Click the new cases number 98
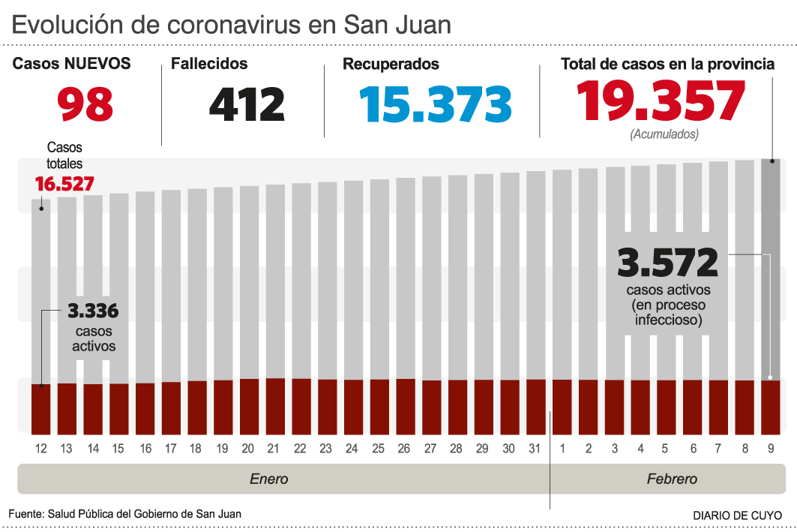tap(85, 104)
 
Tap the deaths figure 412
tap(247, 104)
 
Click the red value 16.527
tap(64, 183)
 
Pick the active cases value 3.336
tap(93, 311)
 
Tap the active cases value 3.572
tap(667, 263)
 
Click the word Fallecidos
tap(209, 65)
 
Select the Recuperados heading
tap(391, 65)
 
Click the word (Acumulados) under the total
tap(664, 134)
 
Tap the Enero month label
tap(268, 479)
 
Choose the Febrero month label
tap(672, 479)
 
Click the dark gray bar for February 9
tap(771, 270)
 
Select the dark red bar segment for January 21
tap(275, 406)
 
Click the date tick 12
tap(40, 449)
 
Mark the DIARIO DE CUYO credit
tap(737, 515)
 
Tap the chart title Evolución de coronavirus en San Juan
tap(231, 25)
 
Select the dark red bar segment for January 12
tap(40, 408)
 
